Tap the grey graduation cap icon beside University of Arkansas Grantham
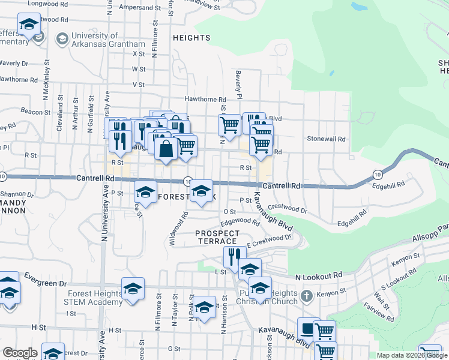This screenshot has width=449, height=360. tap(61, 40)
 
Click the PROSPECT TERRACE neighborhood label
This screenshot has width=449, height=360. tap(217, 237)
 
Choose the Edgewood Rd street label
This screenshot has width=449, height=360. tap(240, 221)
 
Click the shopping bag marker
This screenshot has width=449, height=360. tap(166, 149)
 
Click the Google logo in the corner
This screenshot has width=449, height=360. tap(20, 353)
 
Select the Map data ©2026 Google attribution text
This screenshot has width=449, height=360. tap(412, 355)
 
